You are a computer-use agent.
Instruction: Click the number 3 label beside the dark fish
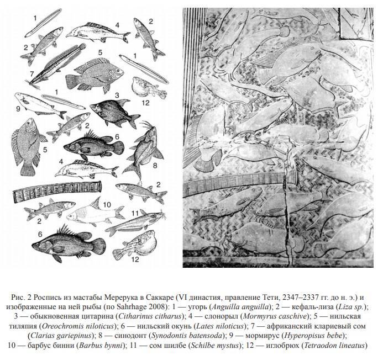click(x=117, y=96)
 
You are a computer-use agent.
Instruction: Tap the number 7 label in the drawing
click(x=32, y=73)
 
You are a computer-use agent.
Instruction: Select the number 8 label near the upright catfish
click(x=155, y=166)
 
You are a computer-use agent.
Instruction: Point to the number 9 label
click(x=18, y=109)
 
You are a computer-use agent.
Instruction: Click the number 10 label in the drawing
click(x=107, y=204)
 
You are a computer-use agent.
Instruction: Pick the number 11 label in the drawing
click(x=135, y=214)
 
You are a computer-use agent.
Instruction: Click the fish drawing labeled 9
click(x=40, y=105)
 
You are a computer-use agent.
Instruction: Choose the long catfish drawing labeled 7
click(x=56, y=66)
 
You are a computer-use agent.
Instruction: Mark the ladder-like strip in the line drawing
click(x=57, y=193)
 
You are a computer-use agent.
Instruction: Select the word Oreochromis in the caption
click(x=60, y=326)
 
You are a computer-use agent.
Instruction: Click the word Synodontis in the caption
click(x=167, y=336)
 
